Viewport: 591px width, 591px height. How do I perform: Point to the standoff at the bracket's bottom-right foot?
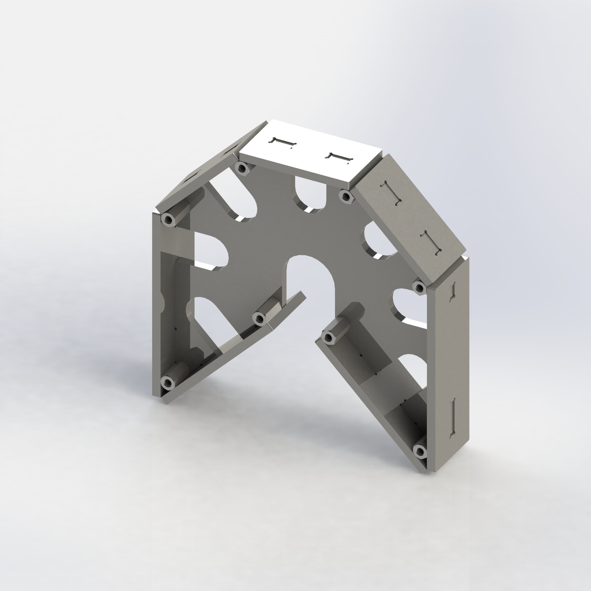click(420, 451)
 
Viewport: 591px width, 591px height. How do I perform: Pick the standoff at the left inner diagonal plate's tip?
click(259, 318)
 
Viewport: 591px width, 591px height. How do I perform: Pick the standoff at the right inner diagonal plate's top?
click(328, 337)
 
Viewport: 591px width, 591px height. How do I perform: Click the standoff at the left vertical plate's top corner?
click(168, 218)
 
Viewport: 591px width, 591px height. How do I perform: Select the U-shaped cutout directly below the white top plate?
click(310, 193)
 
